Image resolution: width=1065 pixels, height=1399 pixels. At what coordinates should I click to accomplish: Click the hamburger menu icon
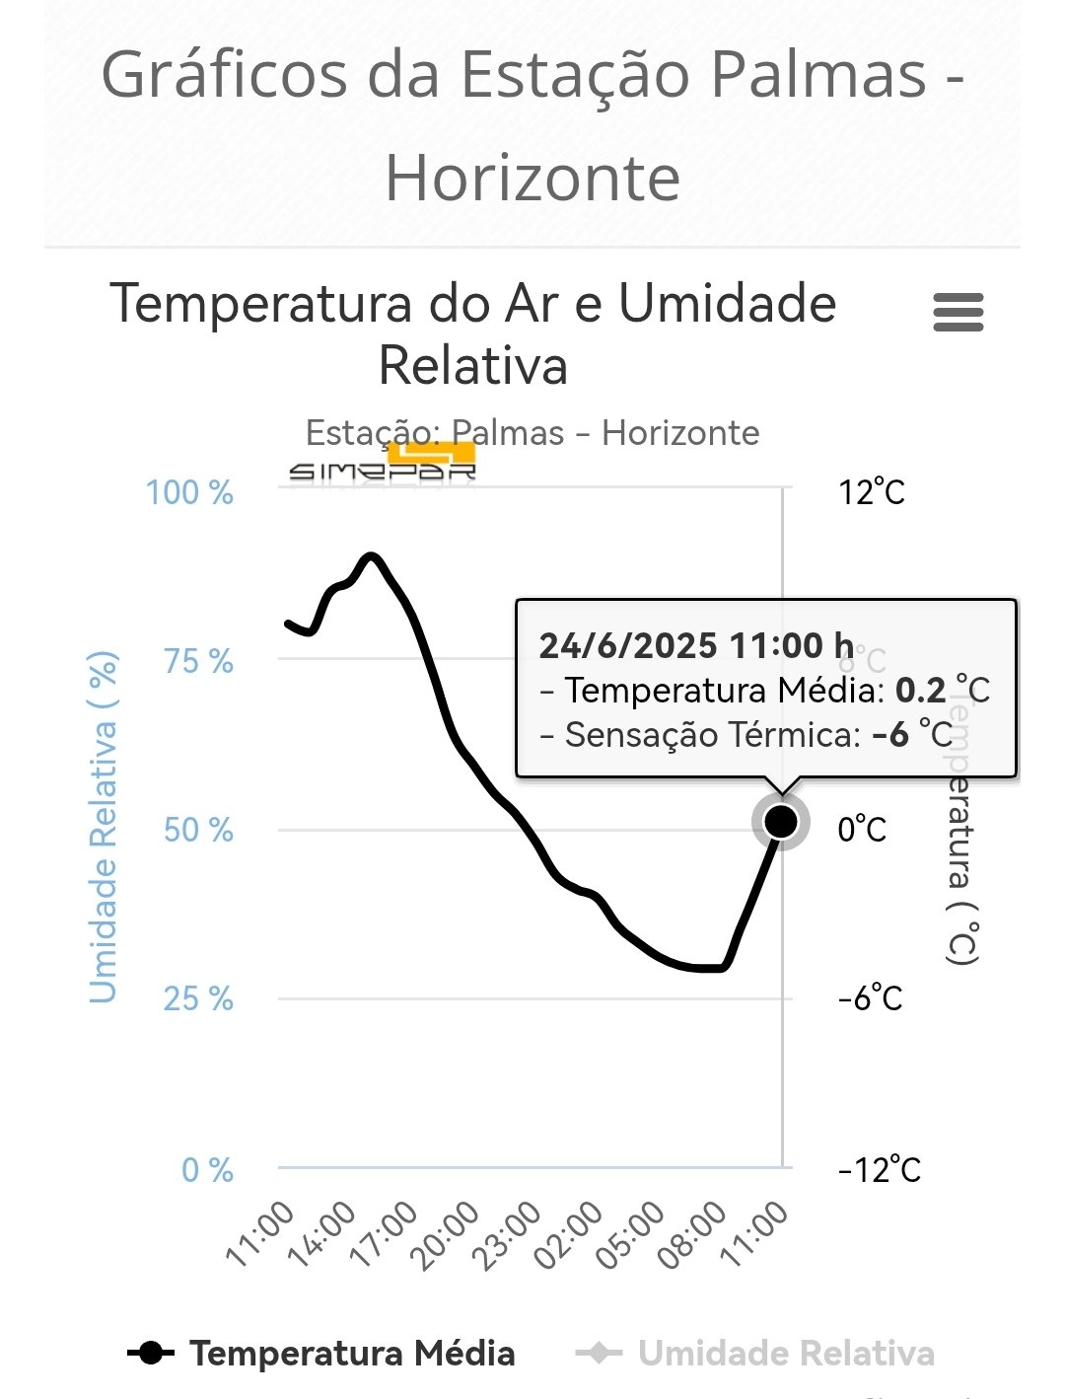[958, 313]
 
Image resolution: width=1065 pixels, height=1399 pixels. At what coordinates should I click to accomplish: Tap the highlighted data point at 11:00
[780, 821]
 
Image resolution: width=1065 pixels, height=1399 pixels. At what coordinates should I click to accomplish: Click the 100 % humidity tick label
[190, 491]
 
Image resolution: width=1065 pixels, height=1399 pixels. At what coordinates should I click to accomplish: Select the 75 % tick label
[198, 661]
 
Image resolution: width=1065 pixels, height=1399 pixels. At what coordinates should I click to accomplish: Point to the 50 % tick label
[198, 830]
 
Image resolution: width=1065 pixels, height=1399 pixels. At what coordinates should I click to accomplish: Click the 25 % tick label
[198, 998]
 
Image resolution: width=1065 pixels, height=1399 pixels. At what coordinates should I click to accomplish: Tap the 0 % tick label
[207, 1170]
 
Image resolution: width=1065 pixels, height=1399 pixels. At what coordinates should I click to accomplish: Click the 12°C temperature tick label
[872, 491]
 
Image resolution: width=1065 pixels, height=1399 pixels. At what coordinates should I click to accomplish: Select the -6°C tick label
[870, 998]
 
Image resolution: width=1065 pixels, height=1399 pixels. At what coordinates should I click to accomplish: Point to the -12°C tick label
[879, 1170]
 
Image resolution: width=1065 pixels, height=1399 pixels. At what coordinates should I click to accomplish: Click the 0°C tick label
[862, 830]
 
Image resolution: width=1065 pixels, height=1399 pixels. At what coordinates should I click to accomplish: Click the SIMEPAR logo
[383, 465]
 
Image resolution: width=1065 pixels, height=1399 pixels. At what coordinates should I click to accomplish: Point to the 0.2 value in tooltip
[920, 690]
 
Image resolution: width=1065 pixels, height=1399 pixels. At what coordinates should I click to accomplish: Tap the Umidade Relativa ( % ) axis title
[104, 827]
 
